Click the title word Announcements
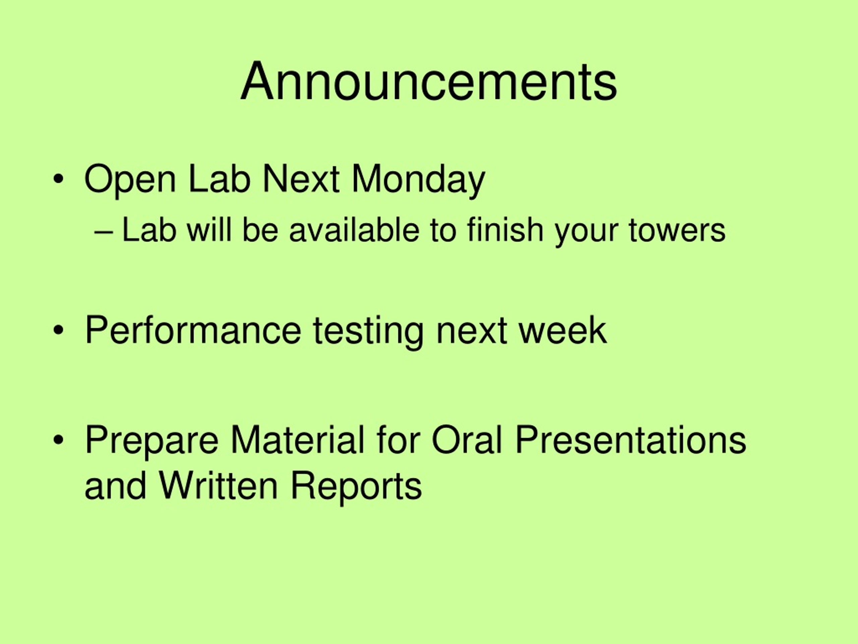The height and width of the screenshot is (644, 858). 429,82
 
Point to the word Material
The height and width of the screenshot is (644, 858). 298,440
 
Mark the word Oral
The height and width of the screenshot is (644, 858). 467,440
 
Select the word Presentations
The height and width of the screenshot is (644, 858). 630,440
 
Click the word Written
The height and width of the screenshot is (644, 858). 219,486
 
